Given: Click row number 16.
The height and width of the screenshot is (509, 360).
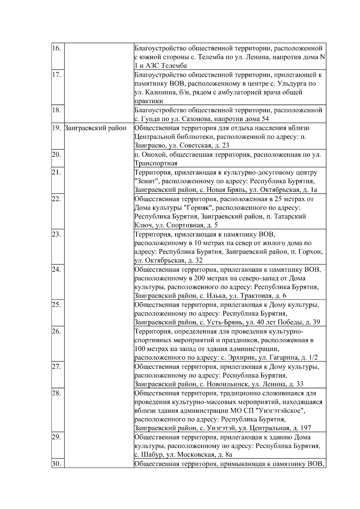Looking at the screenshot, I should [x=56, y=48].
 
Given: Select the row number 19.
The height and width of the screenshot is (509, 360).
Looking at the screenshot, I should [x=56, y=128].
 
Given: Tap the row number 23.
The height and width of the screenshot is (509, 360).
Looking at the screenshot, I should [x=56, y=234].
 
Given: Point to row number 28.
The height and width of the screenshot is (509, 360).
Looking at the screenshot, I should [x=56, y=393].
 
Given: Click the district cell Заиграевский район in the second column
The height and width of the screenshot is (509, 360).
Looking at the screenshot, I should [x=95, y=128].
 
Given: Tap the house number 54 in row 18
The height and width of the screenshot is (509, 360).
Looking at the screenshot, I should [x=265, y=119].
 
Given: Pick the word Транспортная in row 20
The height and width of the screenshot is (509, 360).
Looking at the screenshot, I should [x=156, y=163].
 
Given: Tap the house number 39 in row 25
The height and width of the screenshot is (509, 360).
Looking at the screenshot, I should [x=316, y=323].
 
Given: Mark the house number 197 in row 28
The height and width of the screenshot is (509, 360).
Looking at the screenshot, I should [x=305, y=428].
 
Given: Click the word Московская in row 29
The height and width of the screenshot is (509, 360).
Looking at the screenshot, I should [x=196, y=455].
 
